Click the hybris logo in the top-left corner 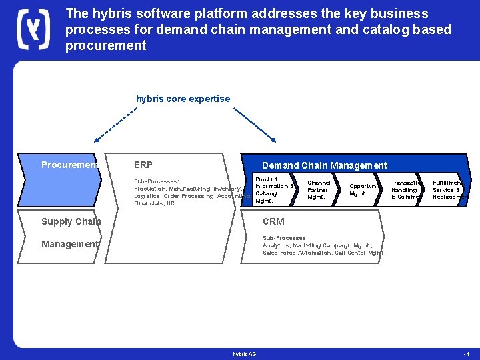point(33,29)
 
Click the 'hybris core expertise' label point(183,99)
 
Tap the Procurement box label point(69,165)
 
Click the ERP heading point(143,165)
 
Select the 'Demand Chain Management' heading point(324,165)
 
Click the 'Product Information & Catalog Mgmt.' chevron point(273,189)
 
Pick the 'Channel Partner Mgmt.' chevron point(319,190)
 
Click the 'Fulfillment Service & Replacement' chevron point(447,190)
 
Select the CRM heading point(273,221)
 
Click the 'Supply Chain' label point(71,221)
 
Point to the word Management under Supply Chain point(69,244)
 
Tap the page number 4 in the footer point(467,353)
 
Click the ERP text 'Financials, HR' point(154,203)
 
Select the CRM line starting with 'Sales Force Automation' point(324,253)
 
